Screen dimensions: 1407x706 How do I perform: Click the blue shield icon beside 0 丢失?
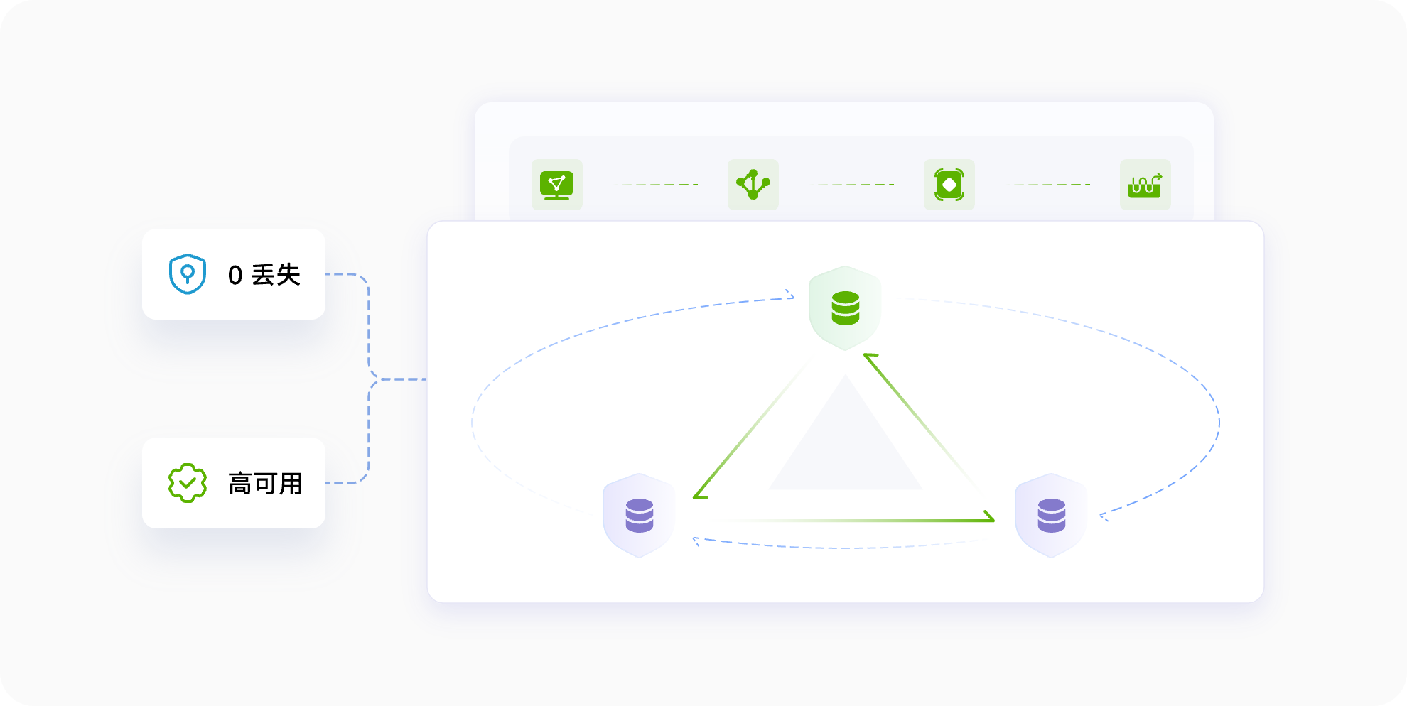[188, 274]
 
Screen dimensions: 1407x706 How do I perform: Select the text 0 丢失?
[264, 275]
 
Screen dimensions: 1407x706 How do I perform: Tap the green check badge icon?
[188, 483]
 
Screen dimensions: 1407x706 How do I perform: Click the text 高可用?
[266, 484]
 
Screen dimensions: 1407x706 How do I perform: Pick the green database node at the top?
[845, 308]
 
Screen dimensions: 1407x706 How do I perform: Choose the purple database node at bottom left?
[639, 516]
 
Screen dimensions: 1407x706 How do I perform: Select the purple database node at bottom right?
[1051, 516]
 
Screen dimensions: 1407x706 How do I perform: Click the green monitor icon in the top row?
[557, 185]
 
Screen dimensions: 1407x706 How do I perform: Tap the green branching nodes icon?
[753, 185]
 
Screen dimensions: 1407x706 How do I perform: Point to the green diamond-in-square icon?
[949, 185]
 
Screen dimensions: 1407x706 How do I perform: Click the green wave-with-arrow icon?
[1145, 185]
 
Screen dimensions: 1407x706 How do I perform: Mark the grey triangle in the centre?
[846, 444]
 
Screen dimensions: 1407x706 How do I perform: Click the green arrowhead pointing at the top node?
[870, 358]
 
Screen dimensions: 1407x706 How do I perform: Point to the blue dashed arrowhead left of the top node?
[790, 294]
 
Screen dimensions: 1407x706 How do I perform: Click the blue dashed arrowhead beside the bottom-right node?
[1104, 516]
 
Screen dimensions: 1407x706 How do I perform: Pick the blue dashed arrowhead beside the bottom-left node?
[696, 541]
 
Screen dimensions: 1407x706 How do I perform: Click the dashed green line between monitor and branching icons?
[656, 185]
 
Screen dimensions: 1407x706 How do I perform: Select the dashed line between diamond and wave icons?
[1048, 185]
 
